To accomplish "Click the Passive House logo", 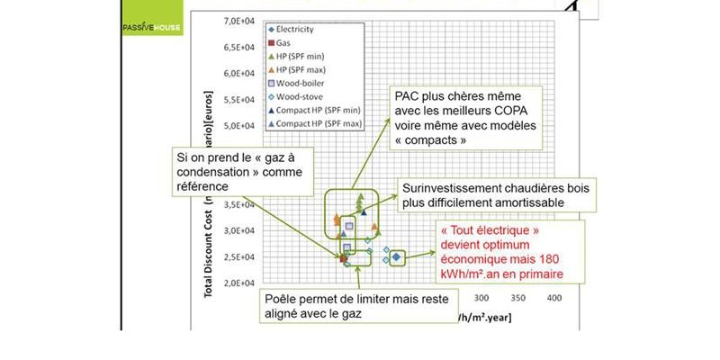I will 150,27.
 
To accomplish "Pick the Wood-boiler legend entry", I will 305,83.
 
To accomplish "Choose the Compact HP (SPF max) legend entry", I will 320,123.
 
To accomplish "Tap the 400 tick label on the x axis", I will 554,298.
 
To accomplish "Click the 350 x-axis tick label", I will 517,298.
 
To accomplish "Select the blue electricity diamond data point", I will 396,257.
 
